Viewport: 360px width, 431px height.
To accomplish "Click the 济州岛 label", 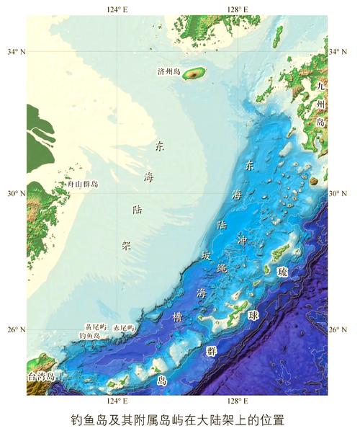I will pyautogui.click(x=170, y=71).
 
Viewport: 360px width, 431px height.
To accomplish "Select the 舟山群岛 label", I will pyautogui.click(x=83, y=185).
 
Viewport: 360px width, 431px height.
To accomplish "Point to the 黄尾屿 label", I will pyautogui.click(x=96, y=327).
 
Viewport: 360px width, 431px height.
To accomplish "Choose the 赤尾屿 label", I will pyautogui.click(x=124, y=327).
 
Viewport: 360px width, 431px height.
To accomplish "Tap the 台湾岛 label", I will pyautogui.click(x=41, y=376).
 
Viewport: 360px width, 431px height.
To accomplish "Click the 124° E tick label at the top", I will pyautogui.click(x=117, y=9).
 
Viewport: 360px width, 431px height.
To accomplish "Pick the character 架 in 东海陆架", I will pyautogui.click(x=126, y=245).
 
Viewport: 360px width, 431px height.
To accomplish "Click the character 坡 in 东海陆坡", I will pyautogui.click(x=207, y=255).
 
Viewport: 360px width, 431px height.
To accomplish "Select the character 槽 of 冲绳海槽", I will pyautogui.click(x=178, y=316).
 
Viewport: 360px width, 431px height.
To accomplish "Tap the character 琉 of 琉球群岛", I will pyautogui.click(x=282, y=271).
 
